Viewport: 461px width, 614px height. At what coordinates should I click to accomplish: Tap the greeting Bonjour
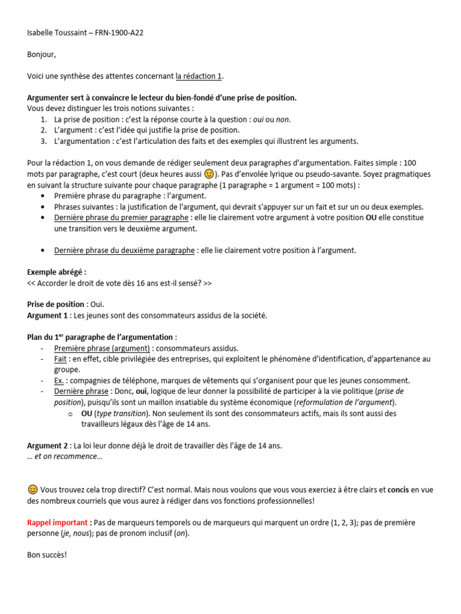point(41,55)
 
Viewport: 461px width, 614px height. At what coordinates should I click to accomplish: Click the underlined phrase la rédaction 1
point(199,76)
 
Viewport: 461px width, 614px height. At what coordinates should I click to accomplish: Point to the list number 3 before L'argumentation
point(44,141)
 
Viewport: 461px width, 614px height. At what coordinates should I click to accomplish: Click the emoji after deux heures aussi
point(209,174)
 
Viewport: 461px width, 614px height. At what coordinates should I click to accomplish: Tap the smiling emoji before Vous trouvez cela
point(32,490)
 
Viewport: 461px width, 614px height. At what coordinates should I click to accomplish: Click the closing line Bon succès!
point(47,555)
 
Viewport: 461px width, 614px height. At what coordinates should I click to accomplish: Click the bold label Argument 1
point(47,315)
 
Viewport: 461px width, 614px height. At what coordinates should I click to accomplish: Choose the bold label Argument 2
point(47,446)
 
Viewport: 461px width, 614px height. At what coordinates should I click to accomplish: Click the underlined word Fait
point(60,359)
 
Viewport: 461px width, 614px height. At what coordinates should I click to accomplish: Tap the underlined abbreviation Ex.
point(59,380)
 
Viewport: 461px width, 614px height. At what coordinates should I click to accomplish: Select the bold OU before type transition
point(86,413)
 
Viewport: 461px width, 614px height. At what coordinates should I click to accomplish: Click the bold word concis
point(399,490)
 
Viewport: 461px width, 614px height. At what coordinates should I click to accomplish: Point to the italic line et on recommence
point(65,456)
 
